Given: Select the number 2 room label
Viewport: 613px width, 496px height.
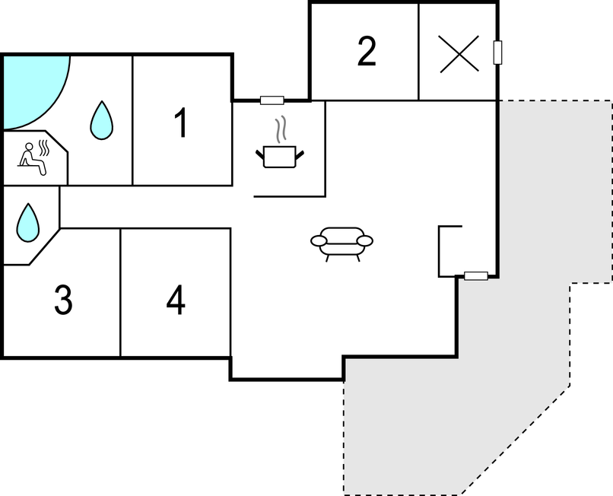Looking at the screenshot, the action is (x=367, y=51).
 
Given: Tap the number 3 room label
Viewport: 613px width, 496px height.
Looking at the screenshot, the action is (x=63, y=300).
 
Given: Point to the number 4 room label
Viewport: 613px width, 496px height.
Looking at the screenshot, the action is (x=176, y=300).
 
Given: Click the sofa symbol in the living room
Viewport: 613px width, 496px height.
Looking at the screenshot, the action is (x=341, y=243).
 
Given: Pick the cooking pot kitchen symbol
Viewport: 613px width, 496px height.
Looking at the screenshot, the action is (x=280, y=157).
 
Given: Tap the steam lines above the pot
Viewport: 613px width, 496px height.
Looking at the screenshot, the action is (x=281, y=129).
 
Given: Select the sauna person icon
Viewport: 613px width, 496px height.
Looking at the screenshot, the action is (x=34, y=159).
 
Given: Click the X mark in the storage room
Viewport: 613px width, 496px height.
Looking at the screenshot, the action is (x=459, y=54).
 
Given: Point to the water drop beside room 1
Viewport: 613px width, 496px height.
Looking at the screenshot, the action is (x=102, y=120).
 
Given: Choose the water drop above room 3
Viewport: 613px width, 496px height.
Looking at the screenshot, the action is (x=27, y=223).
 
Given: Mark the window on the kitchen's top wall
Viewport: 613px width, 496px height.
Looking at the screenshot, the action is (x=272, y=100).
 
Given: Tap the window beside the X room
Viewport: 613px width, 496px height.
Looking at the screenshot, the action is (x=497, y=52).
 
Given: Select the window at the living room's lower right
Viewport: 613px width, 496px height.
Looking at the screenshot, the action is (x=476, y=276).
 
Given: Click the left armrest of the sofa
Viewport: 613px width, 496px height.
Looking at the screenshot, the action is (x=319, y=241).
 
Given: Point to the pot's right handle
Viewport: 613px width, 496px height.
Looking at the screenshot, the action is (x=300, y=155).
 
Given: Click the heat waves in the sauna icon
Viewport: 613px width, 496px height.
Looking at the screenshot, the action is (x=44, y=148).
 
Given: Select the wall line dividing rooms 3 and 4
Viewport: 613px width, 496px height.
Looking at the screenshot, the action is (x=120, y=293).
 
